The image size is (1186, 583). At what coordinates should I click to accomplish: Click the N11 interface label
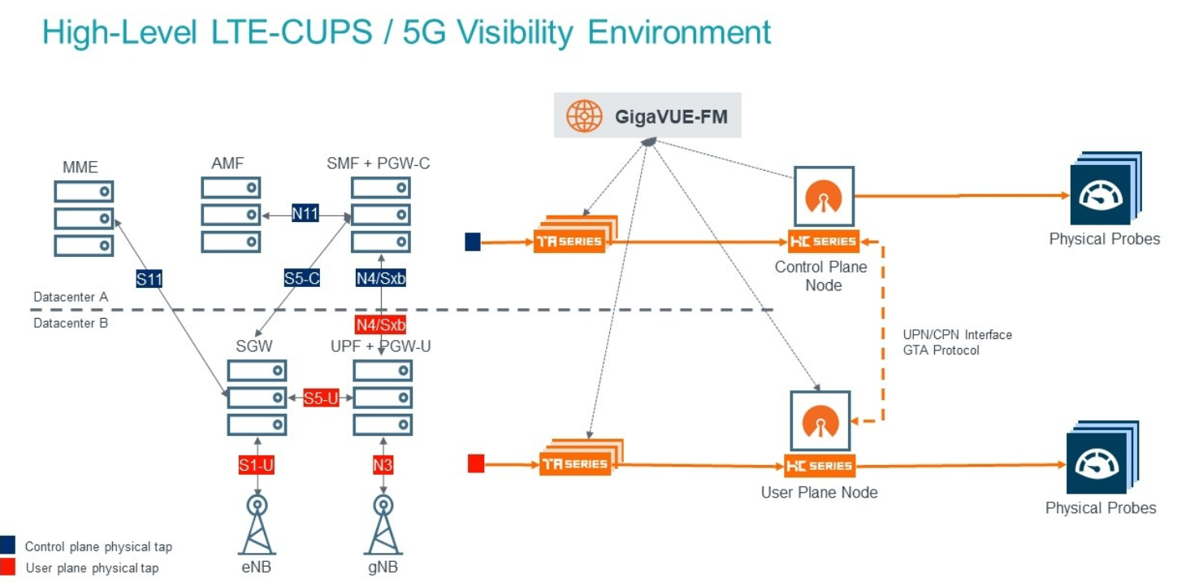305,214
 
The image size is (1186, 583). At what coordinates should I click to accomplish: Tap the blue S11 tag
149,280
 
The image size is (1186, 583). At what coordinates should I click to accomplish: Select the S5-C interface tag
301,278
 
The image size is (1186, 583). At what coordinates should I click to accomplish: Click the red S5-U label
320,398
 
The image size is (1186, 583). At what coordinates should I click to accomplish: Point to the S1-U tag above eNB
256,465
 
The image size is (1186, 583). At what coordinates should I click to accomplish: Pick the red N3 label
383,465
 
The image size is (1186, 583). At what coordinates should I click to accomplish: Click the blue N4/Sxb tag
381,278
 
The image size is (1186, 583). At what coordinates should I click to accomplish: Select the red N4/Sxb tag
381,325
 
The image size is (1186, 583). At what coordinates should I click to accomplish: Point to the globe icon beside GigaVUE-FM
584,117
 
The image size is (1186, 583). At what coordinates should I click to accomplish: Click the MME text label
80,168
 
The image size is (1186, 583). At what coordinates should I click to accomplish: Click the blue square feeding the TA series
473,241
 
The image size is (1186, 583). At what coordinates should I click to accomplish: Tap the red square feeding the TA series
476,463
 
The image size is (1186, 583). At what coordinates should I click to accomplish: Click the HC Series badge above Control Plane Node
822,241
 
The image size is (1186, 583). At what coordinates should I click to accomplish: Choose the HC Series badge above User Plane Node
819,466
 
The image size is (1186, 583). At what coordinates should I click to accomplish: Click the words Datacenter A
71,298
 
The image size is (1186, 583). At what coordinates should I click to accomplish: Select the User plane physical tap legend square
8,567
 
